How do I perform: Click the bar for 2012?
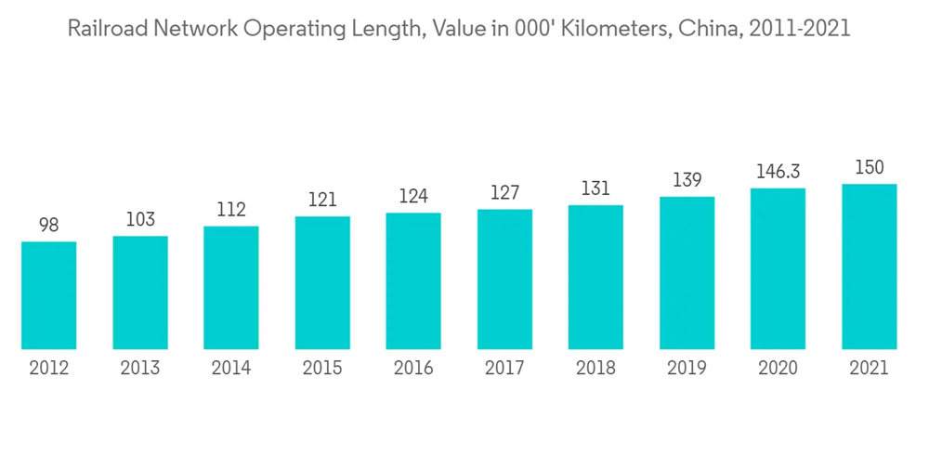pos(49,295)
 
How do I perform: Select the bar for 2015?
pos(322,283)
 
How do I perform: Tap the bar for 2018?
pos(595,278)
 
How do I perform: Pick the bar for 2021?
pos(870,266)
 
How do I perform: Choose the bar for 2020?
pos(779,269)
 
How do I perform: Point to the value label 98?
pos(49,225)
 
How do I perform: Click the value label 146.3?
pos(779,172)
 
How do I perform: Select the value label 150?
pos(870,167)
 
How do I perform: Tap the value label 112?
pos(231,210)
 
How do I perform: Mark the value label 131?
pos(595,188)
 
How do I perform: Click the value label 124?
pos(413,196)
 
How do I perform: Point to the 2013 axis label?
pos(140,368)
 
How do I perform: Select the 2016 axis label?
pos(413,368)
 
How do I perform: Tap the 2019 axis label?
pos(687,368)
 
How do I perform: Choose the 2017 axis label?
pos(504,368)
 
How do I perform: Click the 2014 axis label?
pos(231,368)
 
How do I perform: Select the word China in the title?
pos(705,29)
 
